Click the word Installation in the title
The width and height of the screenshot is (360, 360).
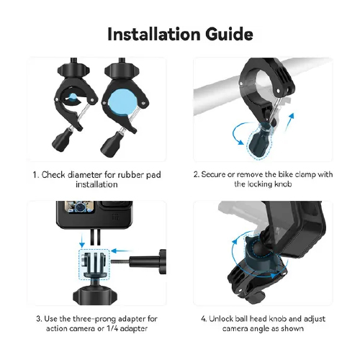(x=154, y=34)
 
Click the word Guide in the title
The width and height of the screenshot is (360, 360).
(x=229, y=34)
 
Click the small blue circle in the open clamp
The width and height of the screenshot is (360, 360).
(x=73, y=97)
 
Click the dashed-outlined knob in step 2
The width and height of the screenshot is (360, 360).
(x=260, y=140)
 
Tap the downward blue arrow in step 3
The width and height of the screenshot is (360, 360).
(x=82, y=240)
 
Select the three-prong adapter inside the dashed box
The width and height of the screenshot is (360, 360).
(x=94, y=264)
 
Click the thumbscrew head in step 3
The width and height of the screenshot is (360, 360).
(x=163, y=262)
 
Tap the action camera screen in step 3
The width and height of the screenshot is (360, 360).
(x=78, y=207)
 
